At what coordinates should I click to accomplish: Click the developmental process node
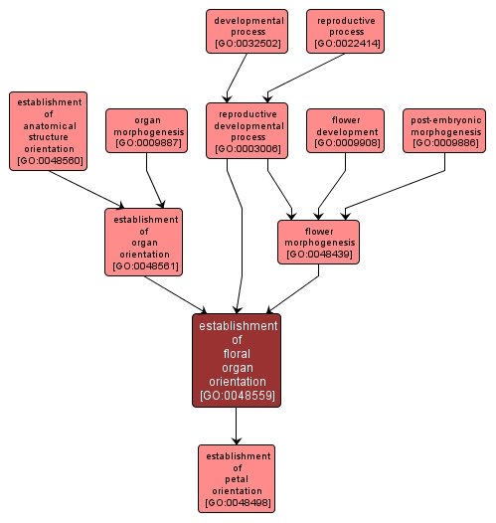247,32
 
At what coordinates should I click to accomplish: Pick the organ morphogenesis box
147,131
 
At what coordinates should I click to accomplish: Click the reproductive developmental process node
247,131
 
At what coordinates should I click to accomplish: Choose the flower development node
346,131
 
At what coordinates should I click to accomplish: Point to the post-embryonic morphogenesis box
445,131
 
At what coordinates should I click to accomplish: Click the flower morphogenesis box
318,242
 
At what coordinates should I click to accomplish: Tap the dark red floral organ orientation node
237,360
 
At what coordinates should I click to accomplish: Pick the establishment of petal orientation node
237,477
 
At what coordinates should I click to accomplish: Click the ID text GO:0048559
237,396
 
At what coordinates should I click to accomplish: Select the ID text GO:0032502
247,45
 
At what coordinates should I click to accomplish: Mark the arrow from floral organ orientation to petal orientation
237,426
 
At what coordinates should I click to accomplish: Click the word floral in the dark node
237,353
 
